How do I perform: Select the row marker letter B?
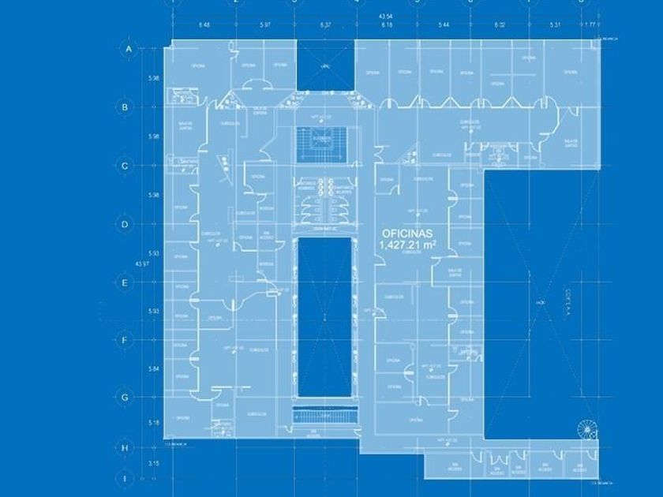pos(125,106)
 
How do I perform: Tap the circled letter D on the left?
pos(125,224)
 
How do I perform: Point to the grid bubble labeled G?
pos(125,398)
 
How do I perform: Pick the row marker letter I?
pos(125,478)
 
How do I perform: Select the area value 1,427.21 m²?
pos(408,245)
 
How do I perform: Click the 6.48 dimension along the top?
pos(204,24)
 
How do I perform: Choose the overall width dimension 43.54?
pos(386,16)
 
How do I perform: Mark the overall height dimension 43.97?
pos(142,263)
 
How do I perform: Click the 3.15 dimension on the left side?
pos(154,464)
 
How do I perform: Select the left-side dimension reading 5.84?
pos(154,369)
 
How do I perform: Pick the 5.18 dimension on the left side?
pos(154,423)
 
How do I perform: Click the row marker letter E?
pos(125,282)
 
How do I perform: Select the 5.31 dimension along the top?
pos(557,24)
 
